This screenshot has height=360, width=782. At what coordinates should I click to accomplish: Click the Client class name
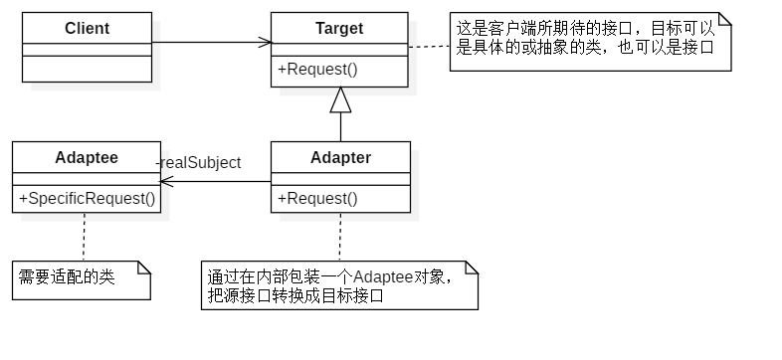pyautogui.click(x=87, y=28)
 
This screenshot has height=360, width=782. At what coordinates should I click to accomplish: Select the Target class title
pyautogui.click(x=339, y=28)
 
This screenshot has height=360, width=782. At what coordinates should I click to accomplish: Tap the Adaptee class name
pyautogui.click(x=87, y=157)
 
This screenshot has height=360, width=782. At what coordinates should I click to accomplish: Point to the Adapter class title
pyautogui.click(x=340, y=157)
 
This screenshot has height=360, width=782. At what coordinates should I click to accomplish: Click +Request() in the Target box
pyautogui.click(x=317, y=70)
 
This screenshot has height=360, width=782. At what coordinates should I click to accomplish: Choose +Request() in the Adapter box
pyautogui.click(x=317, y=198)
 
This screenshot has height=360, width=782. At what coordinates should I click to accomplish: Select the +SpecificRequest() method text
pyautogui.click(x=88, y=198)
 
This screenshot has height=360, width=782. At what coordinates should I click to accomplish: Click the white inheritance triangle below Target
pyautogui.click(x=340, y=100)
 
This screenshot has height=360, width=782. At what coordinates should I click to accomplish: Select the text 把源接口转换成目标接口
pyautogui.click(x=294, y=295)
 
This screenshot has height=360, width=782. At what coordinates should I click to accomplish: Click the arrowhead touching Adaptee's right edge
pyautogui.click(x=166, y=182)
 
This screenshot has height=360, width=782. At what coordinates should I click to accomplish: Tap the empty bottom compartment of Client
pyautogui.click(x=87, y=68)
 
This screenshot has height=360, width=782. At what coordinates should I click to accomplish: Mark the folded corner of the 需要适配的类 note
pyautogui.click(x=142, y=268)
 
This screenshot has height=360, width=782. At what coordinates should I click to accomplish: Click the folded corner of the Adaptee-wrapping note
pyautogui.click(x=471, y=268)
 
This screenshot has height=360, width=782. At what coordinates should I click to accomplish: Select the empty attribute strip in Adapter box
pyautogui.click(x=340, y=179)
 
